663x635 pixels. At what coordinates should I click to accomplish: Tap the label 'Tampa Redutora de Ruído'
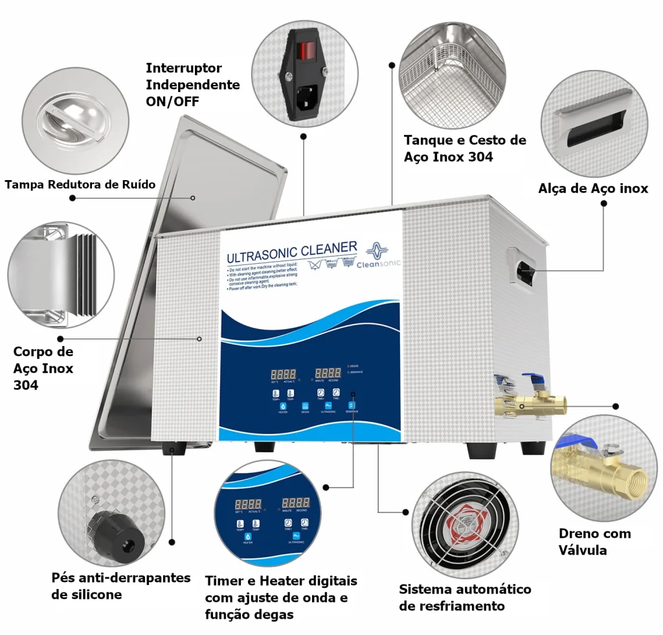coord(80,185)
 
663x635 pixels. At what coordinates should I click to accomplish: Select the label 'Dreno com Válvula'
coord(594,542)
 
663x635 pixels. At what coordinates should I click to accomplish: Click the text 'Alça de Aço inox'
coord(593,189)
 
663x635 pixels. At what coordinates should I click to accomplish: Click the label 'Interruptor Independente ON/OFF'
coord(192,85)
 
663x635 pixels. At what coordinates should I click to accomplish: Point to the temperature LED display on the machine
coord(284,375)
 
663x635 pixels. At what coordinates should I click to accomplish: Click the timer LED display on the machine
coord(328,373)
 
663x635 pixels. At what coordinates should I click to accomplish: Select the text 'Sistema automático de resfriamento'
coord(464,597)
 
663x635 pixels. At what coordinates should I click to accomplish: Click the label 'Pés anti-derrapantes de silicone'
coord(120,586)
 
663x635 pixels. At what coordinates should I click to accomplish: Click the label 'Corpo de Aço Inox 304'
coord(43,368)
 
